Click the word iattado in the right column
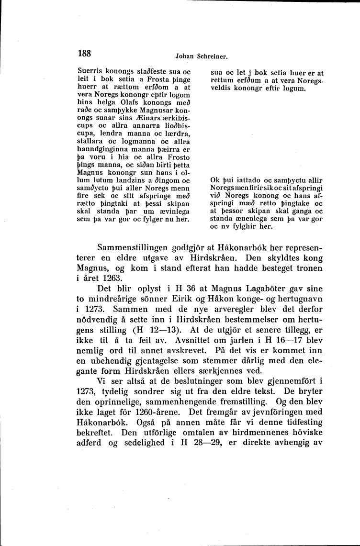tap(250, 180)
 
